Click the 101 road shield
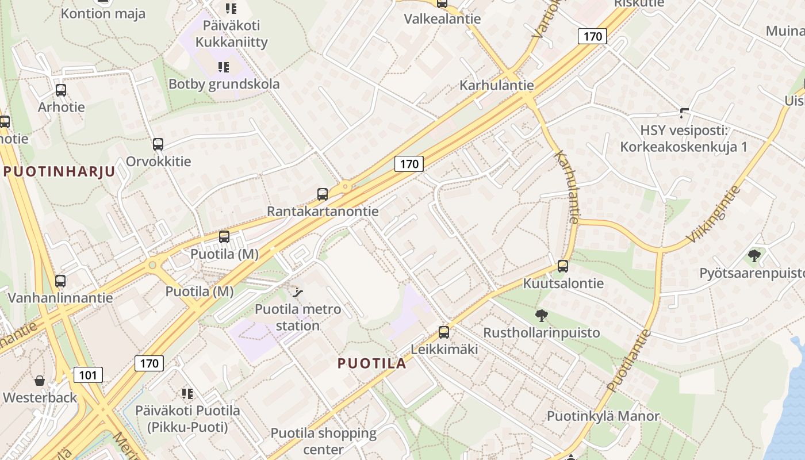pyautogui.click(x=88, y=375)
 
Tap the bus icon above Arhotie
pyautogui.click(x=60, y=90)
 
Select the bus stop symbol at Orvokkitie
pyautogui.click(x=158, y=144)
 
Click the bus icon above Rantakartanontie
pyautogui.click(x=323, y=194)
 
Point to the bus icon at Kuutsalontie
pyautogui.click(x=563, y=266)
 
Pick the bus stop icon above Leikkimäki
pyautogui.click(x=443, y=332)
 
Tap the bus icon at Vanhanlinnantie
pyautogui.click(x=60, y=281)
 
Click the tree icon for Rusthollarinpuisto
pyautogui.click(x=541, y=315)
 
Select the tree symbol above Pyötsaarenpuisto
pyautogui.click(x=754, y=256)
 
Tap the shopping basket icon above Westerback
pyautogui.click(x=40, y=381)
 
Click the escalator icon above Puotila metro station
pyautogui.click(x=297, y=293)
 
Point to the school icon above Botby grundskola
pyautogui.click(x=224, y=67)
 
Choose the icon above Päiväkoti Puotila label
pyautogui.click(x=187, y=394)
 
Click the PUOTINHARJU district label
pyautogui.click(x=59, y=171)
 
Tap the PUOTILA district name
pyautogui.click(x=372, y=363)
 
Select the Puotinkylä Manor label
pyautogui.click(x=603, y=416)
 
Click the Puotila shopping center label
pyautogui.click(x=324, y=441)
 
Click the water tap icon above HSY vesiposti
pyautogui.click(x=684, y=113)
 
